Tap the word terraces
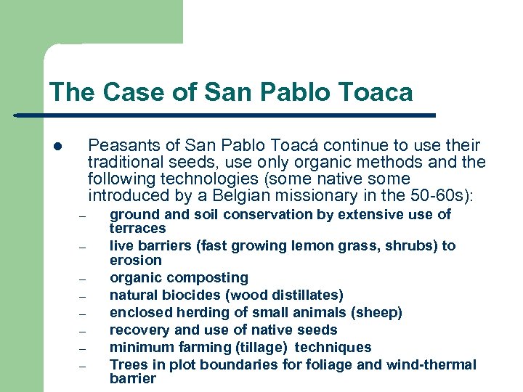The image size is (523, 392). coord(137,228)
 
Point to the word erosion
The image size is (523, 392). coord(135,260)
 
